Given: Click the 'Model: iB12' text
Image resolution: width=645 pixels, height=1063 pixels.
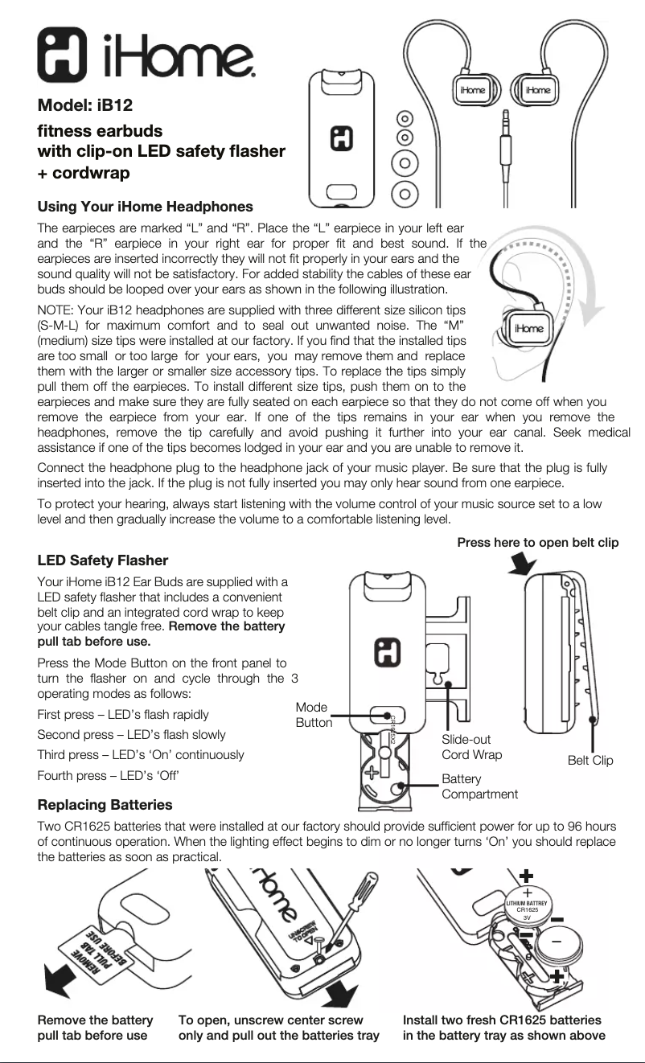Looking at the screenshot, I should (86, 105).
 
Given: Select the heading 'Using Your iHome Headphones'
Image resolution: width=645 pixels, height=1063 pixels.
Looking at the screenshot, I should (146, 207).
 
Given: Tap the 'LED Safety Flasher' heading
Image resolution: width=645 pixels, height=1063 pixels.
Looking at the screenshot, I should (103, 560).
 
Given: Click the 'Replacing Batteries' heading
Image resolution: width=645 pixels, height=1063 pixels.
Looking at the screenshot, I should (105, 804).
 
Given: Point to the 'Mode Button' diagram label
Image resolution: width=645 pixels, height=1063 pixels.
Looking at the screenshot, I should (313, 715).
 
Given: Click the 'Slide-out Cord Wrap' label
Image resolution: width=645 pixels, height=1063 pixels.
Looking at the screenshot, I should (471, 747).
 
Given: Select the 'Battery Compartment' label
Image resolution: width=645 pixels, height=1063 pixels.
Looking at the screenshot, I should (479, 786).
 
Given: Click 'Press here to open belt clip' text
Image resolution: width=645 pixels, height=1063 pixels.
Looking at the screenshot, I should (537, 543).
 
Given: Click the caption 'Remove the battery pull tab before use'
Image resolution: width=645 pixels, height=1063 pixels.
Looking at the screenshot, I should (95, 1028).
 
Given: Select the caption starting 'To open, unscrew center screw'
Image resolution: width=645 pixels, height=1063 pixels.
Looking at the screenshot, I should (278, 1028).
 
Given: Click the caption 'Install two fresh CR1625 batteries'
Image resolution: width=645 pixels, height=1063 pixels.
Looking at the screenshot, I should (503, 1028).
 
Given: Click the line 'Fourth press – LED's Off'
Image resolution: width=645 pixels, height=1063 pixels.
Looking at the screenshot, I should (108, 775).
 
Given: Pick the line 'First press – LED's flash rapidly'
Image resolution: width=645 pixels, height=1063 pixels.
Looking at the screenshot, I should (123, 714).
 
